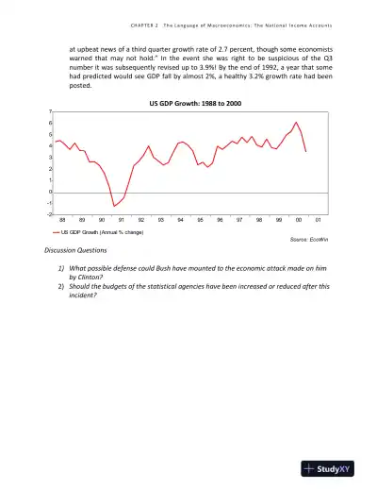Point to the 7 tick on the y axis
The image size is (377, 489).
click(50, 111)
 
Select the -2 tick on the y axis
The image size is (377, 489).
click(49, 214)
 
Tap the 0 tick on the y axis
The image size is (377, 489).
click(50, 192)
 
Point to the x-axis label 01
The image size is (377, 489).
click(318, 220)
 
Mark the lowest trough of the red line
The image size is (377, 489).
click(114, 206)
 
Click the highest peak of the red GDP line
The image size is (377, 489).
click(297, 122)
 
